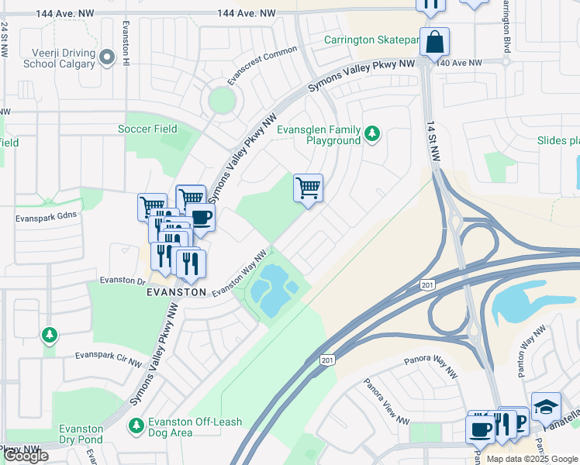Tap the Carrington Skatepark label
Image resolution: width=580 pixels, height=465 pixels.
coord(371,39)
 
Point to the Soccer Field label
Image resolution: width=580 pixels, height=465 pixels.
coord(147,129)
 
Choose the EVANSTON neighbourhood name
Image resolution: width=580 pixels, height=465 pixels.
coord(177,292)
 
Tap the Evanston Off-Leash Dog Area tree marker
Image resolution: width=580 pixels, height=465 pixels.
coord(136,425)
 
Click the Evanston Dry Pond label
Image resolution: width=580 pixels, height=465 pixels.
coord(81,434)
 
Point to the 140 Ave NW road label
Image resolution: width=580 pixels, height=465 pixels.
coord(459,63)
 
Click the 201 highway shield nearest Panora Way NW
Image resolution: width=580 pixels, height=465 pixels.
coord(328,360)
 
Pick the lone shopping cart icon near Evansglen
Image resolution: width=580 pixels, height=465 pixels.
coord(308,187)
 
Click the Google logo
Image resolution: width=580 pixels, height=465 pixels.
coord(26,456)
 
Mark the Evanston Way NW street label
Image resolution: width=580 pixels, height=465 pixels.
coord(240,272)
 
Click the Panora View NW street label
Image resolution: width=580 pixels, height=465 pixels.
coord(386,401)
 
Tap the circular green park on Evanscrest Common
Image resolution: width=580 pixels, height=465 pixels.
coord(221,99)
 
